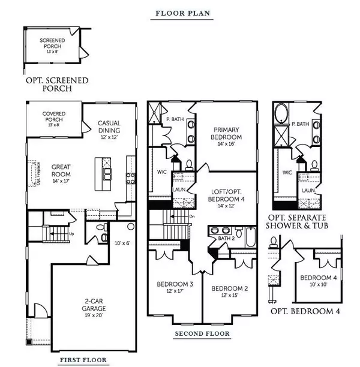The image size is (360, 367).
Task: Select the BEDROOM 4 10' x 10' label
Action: click(318, 281)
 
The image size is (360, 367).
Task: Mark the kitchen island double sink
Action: click(106, 174)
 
